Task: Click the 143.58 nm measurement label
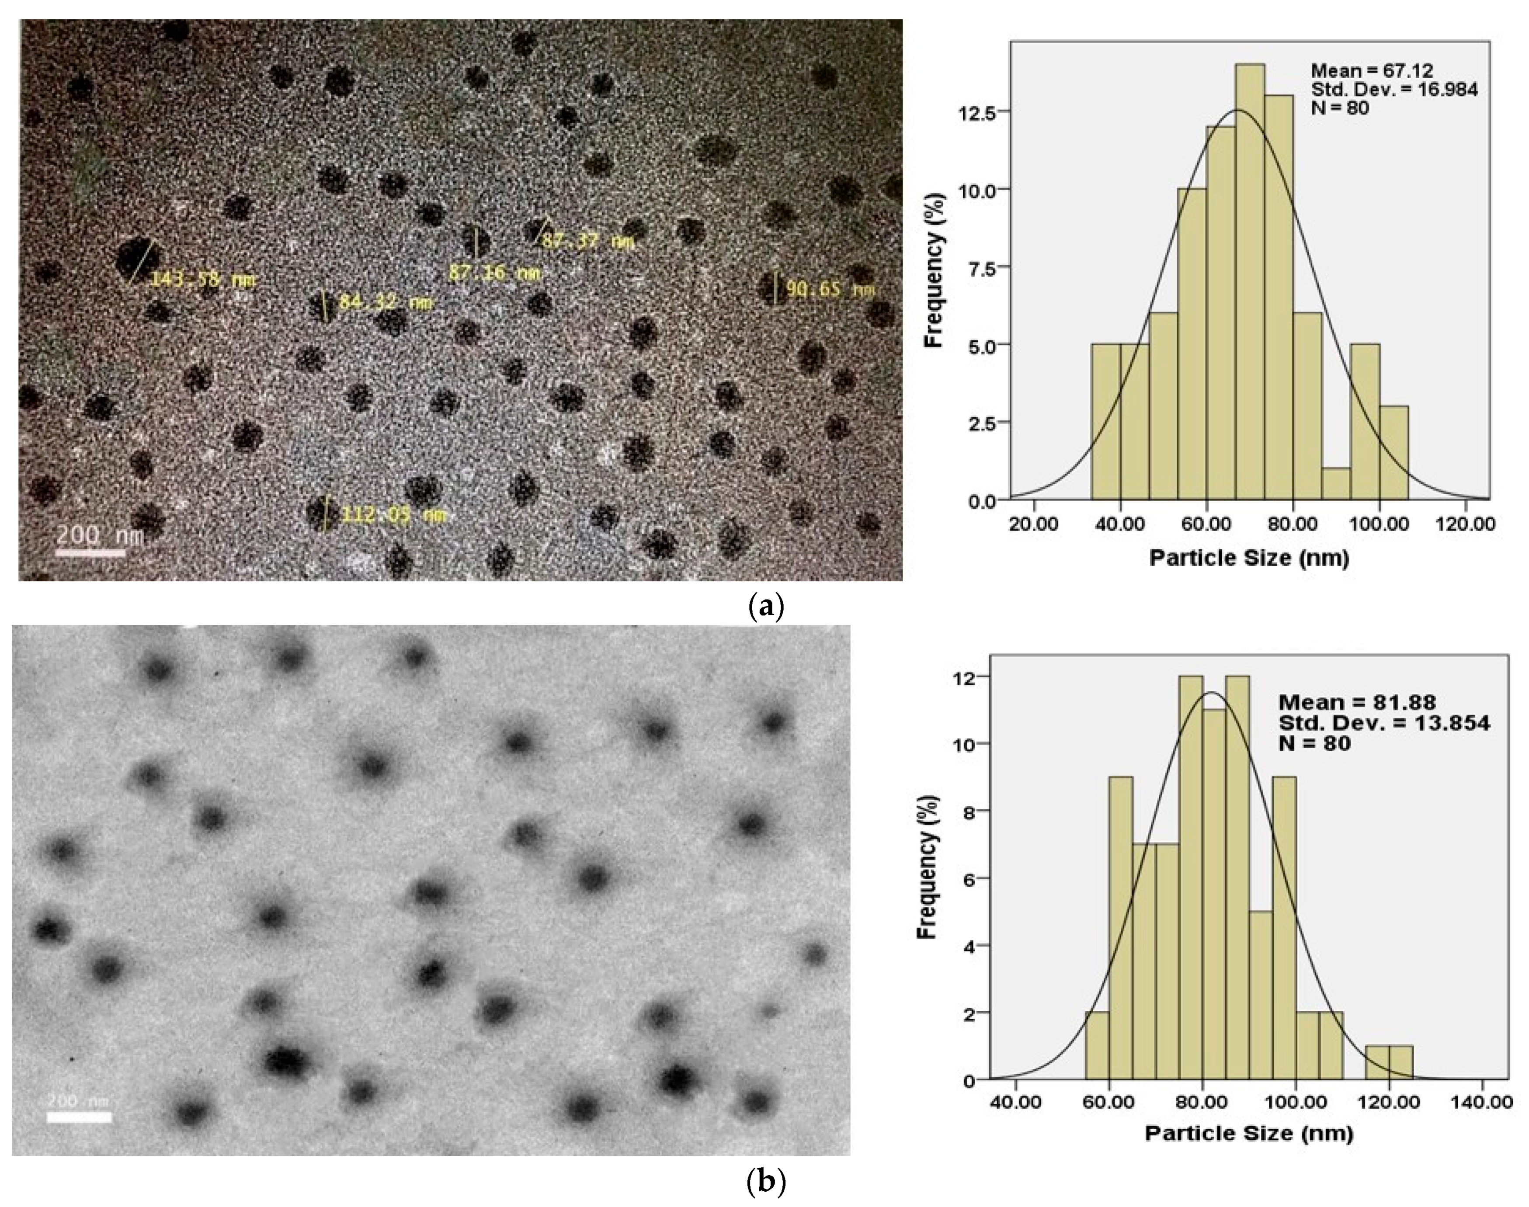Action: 202,280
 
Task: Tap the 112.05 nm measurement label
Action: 394,515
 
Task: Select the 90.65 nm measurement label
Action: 830,290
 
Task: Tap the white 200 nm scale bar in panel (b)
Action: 79,1117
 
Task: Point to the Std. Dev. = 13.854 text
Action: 1383,723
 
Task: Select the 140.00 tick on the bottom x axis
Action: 1482,1103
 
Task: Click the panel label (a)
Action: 765,607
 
